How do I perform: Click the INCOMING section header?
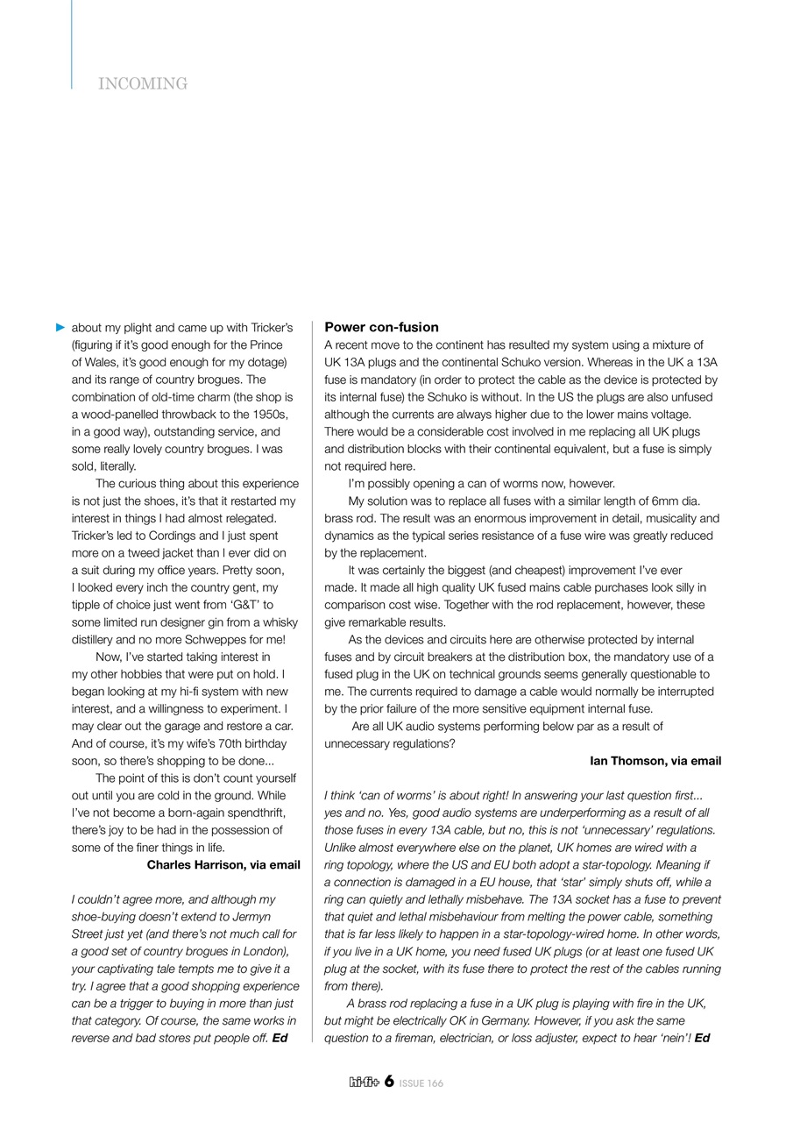click(x=143, y=84)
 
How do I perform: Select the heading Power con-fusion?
click(x=381, y=327)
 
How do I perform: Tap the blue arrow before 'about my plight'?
click(x=60, y=327)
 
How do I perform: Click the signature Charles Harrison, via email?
click(x=223, y=864)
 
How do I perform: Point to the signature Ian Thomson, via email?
click(x=655, y=761)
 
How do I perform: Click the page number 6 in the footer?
click(x=388, y=1082)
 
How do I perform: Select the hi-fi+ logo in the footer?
click(x=363, y=1083)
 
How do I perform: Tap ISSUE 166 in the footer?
click(x=421, y=1083)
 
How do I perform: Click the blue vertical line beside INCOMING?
click(x=72, y=44)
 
